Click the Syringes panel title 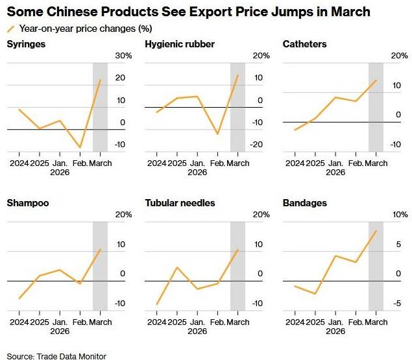[26, 44]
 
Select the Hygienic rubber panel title [180, 44]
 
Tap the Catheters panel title [305, 44]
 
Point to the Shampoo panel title [27, 203]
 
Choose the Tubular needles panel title [180, 203]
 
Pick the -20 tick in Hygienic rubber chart [257, 145]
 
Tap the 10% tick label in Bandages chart [400, 215]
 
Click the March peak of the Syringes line [101, 80]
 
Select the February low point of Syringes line [80, 148]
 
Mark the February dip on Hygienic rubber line [217, 134]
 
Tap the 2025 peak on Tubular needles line [176, 267]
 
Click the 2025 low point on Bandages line [315, 294]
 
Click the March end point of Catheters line [376, 80]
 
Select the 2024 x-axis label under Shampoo [19, 322]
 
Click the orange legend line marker [10, 29]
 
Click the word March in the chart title [349, 12]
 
